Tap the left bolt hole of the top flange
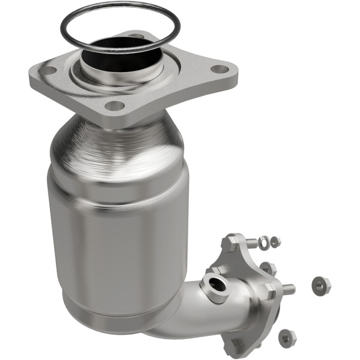(x=48, y=70)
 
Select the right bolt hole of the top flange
(x=220, y=69)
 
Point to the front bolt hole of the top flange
(x=113, y=106)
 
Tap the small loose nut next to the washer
(x=275, y=242)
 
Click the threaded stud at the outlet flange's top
(x=251, y=243)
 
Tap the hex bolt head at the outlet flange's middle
(x=269, y=290)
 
